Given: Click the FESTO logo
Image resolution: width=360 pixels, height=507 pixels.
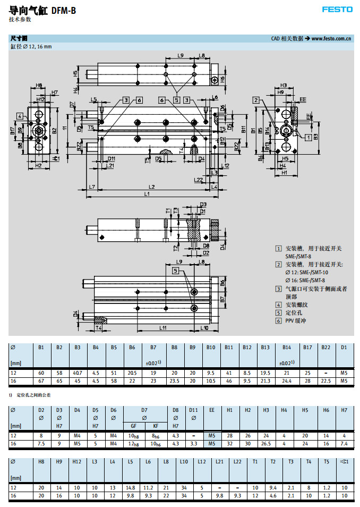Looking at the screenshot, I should [337, 10].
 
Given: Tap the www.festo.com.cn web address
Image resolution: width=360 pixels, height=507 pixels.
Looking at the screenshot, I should [331, 38].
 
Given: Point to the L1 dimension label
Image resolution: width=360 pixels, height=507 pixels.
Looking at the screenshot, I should [147, 194].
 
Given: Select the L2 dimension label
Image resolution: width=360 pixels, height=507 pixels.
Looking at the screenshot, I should [151, 187].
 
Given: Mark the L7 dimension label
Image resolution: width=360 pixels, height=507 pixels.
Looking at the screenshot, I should [92, 187].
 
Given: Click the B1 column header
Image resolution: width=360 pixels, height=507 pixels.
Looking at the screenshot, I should [41, 347].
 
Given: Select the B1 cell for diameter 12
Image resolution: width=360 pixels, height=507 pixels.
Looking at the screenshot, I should [41, 374].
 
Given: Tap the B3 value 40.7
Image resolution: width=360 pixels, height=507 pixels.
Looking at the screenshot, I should [78, 374].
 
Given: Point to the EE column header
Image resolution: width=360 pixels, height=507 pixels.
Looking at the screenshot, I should [211, 410].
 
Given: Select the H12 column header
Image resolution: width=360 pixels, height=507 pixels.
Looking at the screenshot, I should [78, 461].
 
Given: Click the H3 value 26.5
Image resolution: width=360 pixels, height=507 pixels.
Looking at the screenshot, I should [266, 443].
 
